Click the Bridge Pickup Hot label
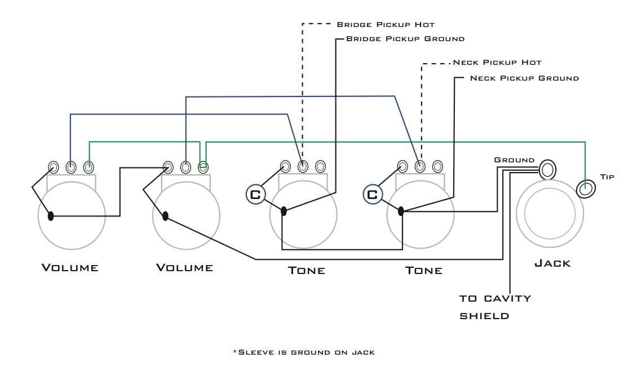tap(386, 25)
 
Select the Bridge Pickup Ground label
tap(405, 39)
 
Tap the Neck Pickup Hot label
tap(497, 63)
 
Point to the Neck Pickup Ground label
tap(524, 78)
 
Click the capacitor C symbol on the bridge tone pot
tap(255, 195)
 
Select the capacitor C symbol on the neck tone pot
tap(373, 195)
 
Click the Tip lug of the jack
tap(586, 189)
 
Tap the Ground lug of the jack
tap(547, 170)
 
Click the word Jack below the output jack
tap(552, 264)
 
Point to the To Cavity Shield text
tap(495, 307)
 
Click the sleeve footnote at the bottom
tap(304, 352)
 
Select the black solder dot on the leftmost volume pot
tap(51, 216)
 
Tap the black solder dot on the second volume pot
tap(165, 216)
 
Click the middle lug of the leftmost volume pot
tap(71, 167)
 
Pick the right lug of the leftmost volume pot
tap(89, 167)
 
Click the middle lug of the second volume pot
tap(185, 167)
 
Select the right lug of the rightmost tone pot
tap(437, 166)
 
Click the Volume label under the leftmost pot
tap(70, 268)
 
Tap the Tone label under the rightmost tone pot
tap(424, 271)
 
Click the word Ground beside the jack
tap(514, 160)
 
